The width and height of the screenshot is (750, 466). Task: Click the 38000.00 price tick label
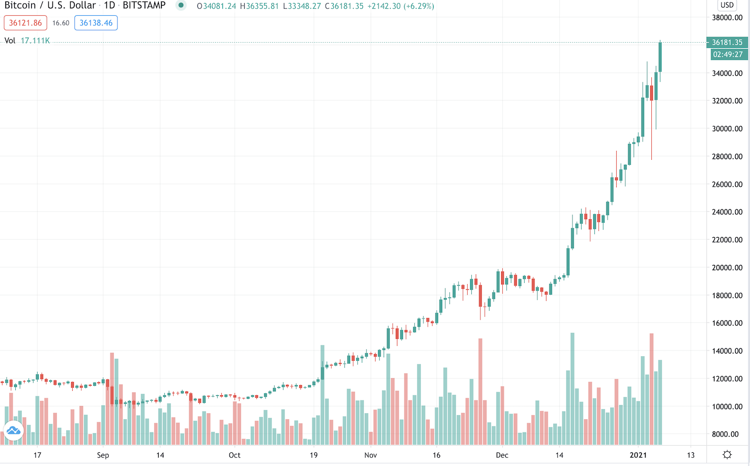click(x=727, y=18)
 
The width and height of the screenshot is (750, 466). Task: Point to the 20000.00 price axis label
click(x=727, y=268)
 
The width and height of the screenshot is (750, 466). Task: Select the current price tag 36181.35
click(x=727, y=42)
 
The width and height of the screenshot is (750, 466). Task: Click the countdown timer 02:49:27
click(x=728, y=54)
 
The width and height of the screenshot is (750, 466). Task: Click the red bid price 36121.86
click(x=25, y=23)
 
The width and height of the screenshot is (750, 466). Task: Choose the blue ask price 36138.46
click(x=96, y=23)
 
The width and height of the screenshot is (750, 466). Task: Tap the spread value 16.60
click(x=61, y=23)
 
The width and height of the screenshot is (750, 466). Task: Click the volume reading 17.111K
click(x=35, y=41)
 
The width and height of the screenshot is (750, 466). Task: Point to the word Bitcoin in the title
click(x=20, y=6)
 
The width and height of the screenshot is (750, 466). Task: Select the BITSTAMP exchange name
click(x=144, y=6)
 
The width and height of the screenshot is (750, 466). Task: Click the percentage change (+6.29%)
click(x=417, y=6)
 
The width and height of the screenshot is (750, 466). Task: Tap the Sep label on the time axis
click(x=103, y=455)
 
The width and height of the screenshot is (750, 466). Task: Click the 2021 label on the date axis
click(x=638, y=455)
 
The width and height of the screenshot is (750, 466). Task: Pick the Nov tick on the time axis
click(x=370, y=455)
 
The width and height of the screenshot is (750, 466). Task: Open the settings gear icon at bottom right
click(x=727, y=454)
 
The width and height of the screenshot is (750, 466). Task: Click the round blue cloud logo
click(x=14, y=431)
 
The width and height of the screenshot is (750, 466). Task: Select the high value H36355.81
click(x=259, y=6)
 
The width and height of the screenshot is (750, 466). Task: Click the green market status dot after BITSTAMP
click(x=181, y=6)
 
